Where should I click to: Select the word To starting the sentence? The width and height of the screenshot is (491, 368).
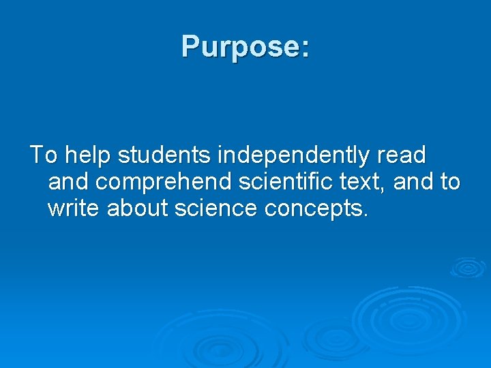44,155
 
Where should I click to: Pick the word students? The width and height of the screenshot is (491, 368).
164,155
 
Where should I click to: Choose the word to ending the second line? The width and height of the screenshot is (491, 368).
450,182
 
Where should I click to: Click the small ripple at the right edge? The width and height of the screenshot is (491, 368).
468,267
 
